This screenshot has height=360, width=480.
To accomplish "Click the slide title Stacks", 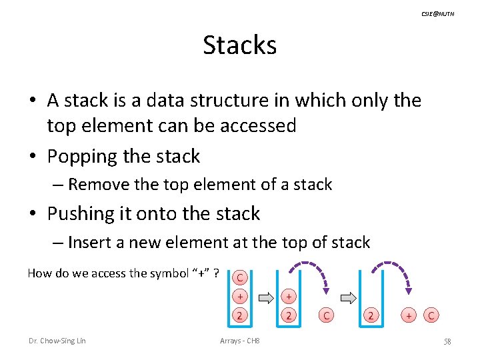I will (x=239, y=45).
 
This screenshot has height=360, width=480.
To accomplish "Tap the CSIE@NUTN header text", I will (x=438, y=14).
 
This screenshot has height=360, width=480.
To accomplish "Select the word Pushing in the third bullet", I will (x=81, y=214).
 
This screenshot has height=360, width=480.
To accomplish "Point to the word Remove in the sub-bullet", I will (x=97, y=185).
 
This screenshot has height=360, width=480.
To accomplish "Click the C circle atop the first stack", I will (x=240, y=277).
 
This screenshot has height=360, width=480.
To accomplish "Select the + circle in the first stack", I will (x=240, y=296).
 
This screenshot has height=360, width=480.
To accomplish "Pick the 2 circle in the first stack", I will (x=240, y=315).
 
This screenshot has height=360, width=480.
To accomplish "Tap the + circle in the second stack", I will (x=288, y=296).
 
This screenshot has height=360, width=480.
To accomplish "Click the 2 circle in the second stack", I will (x=288, y=315).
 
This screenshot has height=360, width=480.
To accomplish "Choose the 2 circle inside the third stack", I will (x=371, y=315).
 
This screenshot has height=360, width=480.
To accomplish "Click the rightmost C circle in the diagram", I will (x=432, y=315).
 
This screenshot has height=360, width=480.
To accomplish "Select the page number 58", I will (x=447, y=342).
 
